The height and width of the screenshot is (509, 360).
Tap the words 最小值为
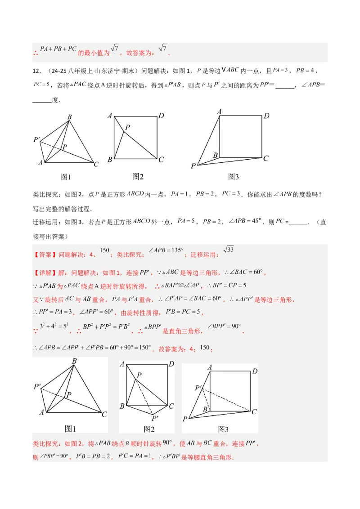(94, 53)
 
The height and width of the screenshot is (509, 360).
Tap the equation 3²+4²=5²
(54, 326)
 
